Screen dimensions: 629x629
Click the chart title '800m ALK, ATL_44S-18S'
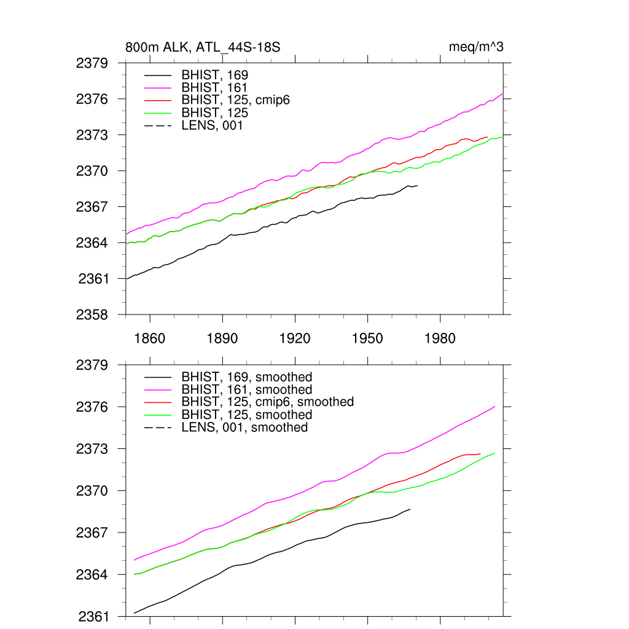tap(203, 47)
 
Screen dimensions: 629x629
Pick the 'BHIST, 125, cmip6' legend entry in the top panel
tap(235, 100)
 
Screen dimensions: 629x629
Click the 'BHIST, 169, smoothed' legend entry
tap(246, 377)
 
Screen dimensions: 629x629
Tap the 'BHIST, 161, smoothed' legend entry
tap(246, 389)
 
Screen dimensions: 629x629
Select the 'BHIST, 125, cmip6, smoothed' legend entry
tap(267, 402)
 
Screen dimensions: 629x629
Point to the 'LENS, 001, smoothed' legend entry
tap(244, 427)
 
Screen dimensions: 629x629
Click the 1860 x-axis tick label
tap(150, 338)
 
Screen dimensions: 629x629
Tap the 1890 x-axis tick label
tap(222, 338)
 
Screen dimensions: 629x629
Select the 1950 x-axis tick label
tap(367, 338)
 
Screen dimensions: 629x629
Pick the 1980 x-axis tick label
tap(440, 338)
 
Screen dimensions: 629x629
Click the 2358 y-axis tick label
tap(92, 314)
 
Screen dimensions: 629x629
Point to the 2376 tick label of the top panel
tap(92, 99)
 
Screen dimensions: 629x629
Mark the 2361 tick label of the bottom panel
tap(92, 616)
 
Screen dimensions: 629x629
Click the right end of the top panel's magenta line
tap(502, 94)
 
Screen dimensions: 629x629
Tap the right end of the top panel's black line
tap(417, 186)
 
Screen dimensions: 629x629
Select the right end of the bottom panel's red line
tap(480, 454)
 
